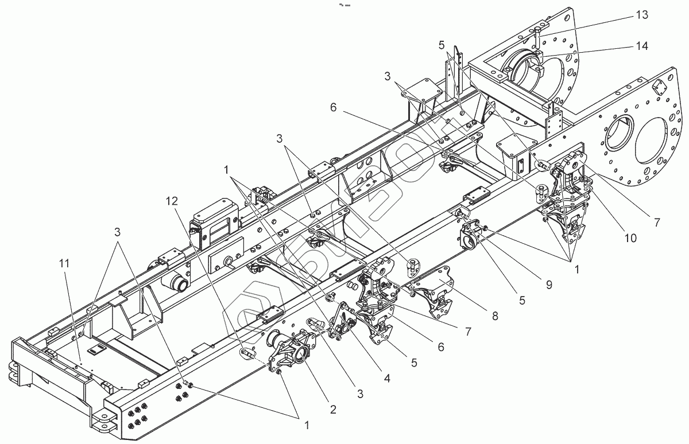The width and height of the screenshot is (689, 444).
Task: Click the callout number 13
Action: click(641, 15)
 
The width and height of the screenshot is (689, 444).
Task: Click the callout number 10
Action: click(630, 238)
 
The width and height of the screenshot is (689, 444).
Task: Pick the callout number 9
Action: click(549, 285)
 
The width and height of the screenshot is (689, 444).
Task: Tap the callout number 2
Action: click(332, 410)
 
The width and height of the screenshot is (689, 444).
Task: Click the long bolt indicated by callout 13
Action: click(538, 37)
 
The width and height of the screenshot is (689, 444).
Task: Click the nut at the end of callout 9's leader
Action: click(485, 229)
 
